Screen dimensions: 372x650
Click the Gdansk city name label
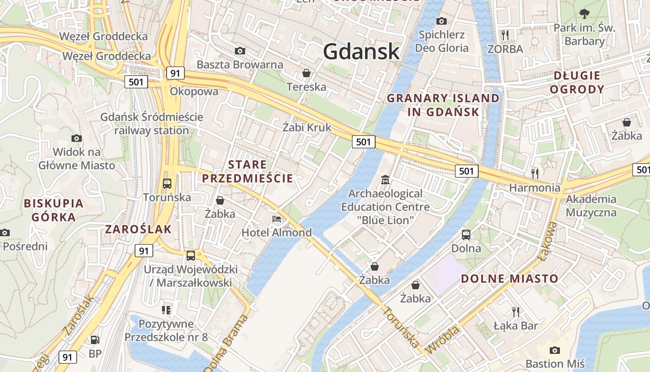[361, 51]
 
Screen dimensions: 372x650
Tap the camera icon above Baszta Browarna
[240, 51]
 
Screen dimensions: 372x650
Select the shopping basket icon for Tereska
[306, 73]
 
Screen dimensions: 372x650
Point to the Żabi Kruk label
[307, 127]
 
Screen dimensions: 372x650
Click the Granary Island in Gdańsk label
[443, 105]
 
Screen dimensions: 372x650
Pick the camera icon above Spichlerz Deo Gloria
[442, 21]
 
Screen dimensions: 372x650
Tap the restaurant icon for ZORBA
[505, 35]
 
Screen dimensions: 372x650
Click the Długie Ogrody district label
[577, 82]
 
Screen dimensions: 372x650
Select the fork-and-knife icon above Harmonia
[535, 174]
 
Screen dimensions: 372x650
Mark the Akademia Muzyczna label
[591, 206]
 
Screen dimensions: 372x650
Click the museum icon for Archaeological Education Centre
[385, 179]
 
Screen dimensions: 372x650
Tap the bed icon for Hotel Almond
[277, 219]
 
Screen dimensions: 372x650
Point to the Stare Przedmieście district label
[247, 171]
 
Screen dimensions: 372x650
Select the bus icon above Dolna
[466, 234]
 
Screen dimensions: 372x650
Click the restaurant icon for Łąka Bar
[515, 312]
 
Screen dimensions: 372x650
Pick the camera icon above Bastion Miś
[554, 350]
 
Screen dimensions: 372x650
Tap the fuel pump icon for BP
[95, 340]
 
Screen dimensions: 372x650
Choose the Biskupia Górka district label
[53, 210]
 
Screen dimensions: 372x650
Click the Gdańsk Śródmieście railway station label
[152, 123]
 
